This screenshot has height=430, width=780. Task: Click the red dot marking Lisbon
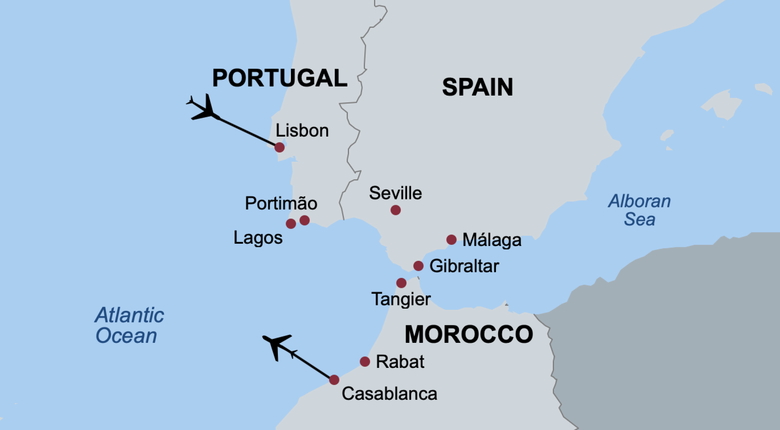tap(279, 147)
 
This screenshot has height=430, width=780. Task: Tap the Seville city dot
tap(396, 210)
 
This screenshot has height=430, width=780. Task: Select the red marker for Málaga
tap(451, 240)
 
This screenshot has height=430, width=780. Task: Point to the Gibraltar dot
tap(418, 266)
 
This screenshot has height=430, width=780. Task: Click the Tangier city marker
tap(401, 283)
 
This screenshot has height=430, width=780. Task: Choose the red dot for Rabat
tap(365, 362)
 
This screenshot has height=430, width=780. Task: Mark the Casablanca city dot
tap(334, 380)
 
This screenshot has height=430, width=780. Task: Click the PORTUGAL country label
tap(280, 78)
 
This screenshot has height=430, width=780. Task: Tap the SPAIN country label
tap(478, 87)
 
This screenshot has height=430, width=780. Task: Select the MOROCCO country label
tap(469, 334)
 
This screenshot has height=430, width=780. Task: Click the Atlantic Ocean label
tap(129, 325)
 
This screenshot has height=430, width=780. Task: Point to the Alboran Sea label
tap(640, 210)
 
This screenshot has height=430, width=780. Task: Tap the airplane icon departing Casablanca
tap(277, 345)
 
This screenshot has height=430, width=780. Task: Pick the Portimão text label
tap(281, 203)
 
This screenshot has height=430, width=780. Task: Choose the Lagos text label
tap(258, 238)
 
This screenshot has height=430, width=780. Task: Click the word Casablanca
tap(389, 394)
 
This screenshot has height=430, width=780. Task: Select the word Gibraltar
tap(464, 266)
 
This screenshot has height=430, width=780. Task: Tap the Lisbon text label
tap(302, 131)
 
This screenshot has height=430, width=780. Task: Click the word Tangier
tap(401, 299)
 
